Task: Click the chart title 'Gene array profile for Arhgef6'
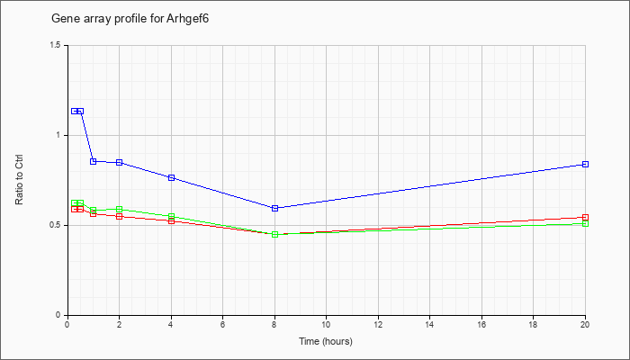pyautogui.click(x=130, y=19)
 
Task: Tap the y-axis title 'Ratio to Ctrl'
pyautogui.click(x=19, y=179)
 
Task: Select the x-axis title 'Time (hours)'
pyautogui.click(x=326, y=341)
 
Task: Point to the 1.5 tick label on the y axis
pyautogui.click(x=56, y=45)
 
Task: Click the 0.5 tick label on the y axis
pyautogui.click(x=56, y=225)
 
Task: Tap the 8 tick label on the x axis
pyautogui.click(x=274, y=324)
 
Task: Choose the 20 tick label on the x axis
pyautogui.click(x=585, y=324)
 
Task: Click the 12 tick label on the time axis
pyautogui.click(x=378, y=324)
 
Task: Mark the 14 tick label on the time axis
pyautogui.click(x=430, y=324)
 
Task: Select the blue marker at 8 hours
pyautogui.click(x=274, y=208)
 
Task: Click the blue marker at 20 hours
pyautogui.click(x=585, y=165)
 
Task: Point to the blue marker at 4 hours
pyautogui.click(x=171, y=177)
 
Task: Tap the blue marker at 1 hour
pyautogui.click(x=94, y=161)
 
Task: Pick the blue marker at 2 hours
pyautogui.click(x=120, y=162)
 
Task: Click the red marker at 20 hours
pyautogui.click(x=585, y=218)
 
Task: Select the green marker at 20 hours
pyautogui.click(x=585, y=224)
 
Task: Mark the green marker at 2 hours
pyautogui.click(x=120, y=210)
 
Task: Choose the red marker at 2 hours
pyautogui.click(x=120, y=217)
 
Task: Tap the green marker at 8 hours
pyautogui.click(x=274, y=235)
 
